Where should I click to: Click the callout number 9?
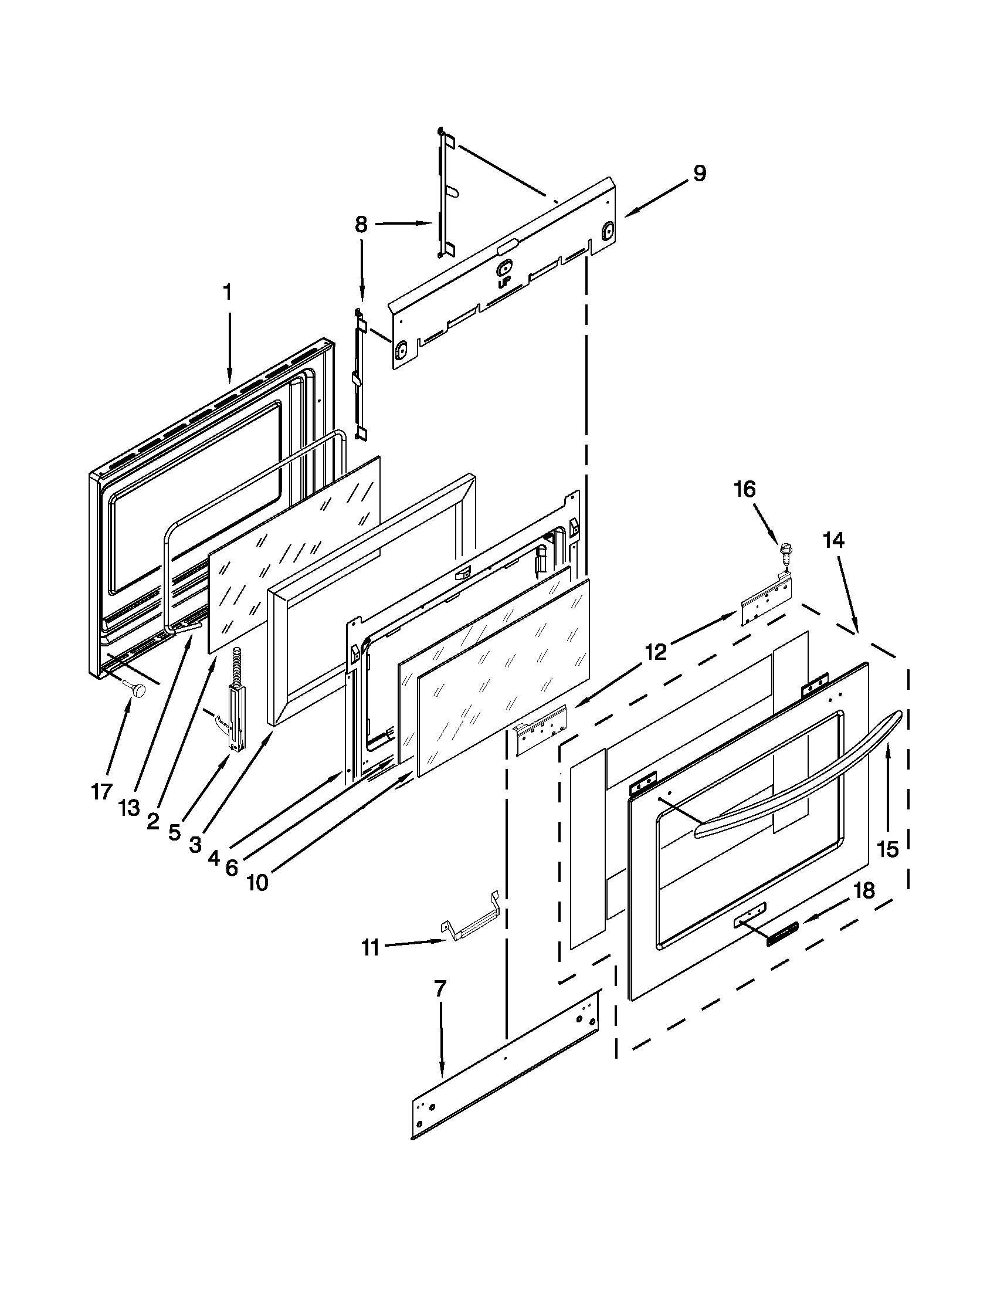[699, 174]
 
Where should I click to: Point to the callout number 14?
[833, 540]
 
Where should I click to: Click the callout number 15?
[888, 850]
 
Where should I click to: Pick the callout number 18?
[864, 891]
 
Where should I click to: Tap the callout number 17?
[101, 791]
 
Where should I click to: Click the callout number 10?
[257, 883]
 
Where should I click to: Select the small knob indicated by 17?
[140, 689]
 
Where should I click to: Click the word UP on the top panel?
[504, 283]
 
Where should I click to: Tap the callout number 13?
[129, 807]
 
